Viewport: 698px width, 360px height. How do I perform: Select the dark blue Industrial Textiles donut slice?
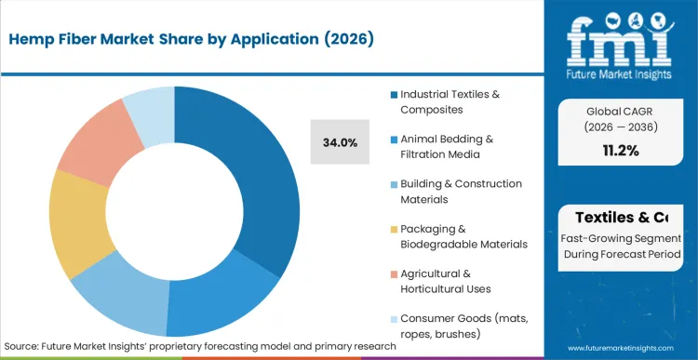[x=265, y=177]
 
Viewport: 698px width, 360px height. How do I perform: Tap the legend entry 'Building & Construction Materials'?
[x=461, y=191]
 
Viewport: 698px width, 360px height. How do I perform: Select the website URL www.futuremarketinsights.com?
[x=620, y=346]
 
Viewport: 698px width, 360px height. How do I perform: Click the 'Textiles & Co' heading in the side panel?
[x=621, y=218]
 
